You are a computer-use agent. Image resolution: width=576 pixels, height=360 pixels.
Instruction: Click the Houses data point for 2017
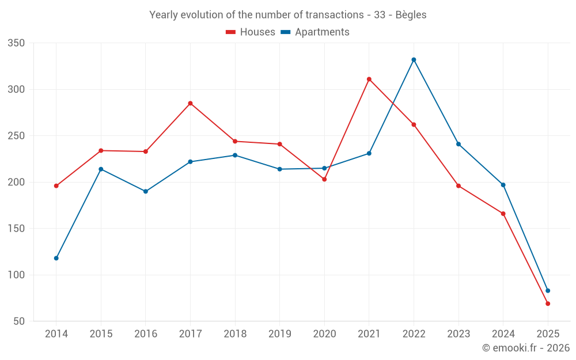point(190,103)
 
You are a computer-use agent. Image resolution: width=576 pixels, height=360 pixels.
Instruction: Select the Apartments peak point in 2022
point(414,59)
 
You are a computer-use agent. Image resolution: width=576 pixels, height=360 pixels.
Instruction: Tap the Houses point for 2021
point(369,79)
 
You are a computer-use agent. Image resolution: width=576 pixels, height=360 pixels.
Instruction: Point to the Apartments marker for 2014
point(56,258)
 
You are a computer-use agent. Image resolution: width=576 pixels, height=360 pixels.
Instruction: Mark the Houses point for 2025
point(548,304)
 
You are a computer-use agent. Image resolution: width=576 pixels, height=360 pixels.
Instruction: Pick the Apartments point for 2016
point(146,191)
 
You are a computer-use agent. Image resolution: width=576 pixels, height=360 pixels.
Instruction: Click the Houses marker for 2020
point(324,179)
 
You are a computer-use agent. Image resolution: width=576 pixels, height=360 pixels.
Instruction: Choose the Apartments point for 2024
point(503,185)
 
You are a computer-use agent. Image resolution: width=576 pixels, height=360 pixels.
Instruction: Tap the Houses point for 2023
point(458,185)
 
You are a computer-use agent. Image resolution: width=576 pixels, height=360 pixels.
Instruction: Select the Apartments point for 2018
point(235,155)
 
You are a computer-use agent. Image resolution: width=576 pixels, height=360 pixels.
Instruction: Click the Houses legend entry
point(251,32)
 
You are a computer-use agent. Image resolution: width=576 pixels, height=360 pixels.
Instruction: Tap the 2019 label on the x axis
point(280,334)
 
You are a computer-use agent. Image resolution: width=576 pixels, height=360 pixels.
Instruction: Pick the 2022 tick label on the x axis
point(414,334)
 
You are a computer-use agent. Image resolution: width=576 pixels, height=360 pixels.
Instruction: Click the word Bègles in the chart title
point(411,15)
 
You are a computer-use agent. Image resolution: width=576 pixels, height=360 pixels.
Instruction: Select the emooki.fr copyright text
point(526,348)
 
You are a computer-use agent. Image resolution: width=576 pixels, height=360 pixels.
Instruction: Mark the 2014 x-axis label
point(56,334)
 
